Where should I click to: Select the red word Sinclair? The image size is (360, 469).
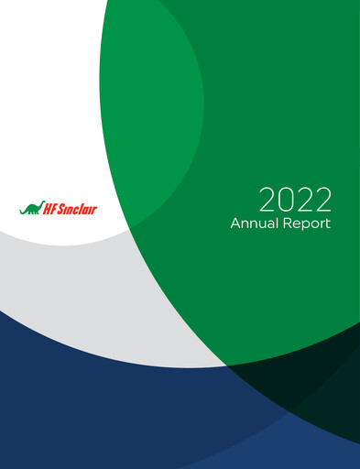(x=80, y=209)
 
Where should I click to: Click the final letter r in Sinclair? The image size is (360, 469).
(x=94, y=210)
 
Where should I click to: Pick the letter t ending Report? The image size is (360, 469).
(x=328, y=224)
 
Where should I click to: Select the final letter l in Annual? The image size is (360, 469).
(x=277, y=224)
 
